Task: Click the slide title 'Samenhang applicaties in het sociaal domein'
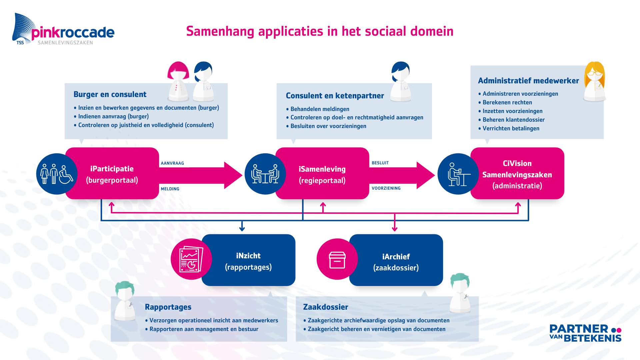(320, 31)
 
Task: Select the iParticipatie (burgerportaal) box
(112, 174)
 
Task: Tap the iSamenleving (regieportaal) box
(322, 174)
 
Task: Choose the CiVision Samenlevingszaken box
(517, 174)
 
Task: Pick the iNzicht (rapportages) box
(248, 261)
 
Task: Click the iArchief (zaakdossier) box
(396, 262)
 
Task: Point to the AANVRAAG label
(172, 163)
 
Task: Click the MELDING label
(170, 189)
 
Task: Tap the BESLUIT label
(380, 163)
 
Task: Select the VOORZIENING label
(386, 188)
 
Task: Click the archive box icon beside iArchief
(337, 260)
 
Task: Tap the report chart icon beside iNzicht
(191, 259)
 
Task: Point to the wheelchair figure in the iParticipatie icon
(66, 175)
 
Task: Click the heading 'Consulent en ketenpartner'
(335, 96)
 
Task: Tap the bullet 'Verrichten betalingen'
(511, 129)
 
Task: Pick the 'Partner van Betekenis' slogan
(585, 333)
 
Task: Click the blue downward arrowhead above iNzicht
(242, 229)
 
